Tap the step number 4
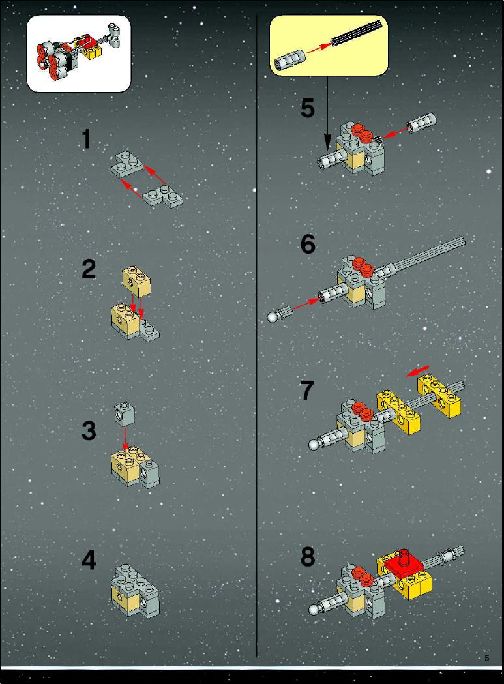(89, 560)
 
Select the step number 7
(306, 390)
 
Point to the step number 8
(308, 557)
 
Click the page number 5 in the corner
(487, 658)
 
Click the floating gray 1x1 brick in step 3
(125, 415)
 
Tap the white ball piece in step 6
(273, 317)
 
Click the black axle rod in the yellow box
(359, 32)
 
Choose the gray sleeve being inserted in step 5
(422, 123)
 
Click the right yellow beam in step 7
(439, 395)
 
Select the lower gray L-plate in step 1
(162, 197)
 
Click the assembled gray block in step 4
(136, 590)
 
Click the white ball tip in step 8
(314, 610)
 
